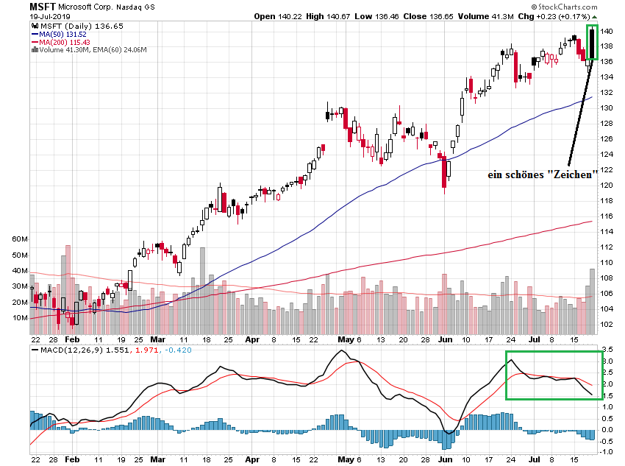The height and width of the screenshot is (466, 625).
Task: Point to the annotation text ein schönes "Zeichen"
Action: pyautogui.click(x=541, y=174)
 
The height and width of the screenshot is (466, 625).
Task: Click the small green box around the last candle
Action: pyautogui.click(x=592, y=43)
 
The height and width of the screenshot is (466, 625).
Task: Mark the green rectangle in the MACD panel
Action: pyautogui.click(x=554, y=375)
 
